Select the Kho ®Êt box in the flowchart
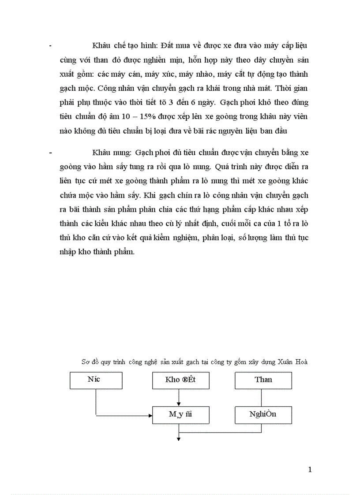(x=180, y=380)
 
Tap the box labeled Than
(x=263, y=380)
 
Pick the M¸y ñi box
(x=180, y=415)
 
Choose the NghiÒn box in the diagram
(x=263, y=415)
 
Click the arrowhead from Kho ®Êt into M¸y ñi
(x=179, y=403)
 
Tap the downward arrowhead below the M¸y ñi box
(x=179, y=438)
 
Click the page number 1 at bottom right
(x=310, y=470)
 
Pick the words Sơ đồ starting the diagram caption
(x=90, y=362)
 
